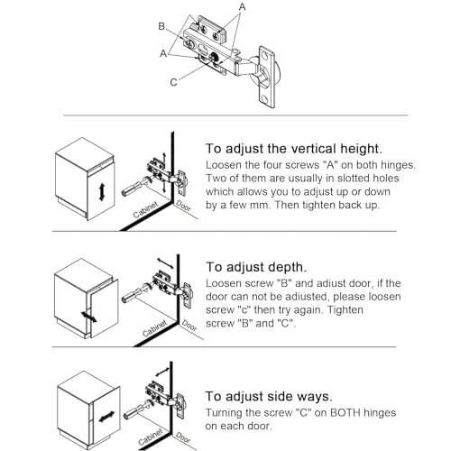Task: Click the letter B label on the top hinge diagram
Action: (161, 26)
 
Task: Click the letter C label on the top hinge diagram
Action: (174, 82)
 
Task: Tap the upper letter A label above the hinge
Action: (243, 6)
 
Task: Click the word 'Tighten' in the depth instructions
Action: (345, 310)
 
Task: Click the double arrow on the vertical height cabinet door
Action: (102, 192)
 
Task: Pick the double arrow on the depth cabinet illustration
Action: (89, 317)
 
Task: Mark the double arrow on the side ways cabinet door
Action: (106, 417)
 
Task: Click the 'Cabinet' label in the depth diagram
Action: (154, 328)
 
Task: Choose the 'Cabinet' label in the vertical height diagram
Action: (145, 209)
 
